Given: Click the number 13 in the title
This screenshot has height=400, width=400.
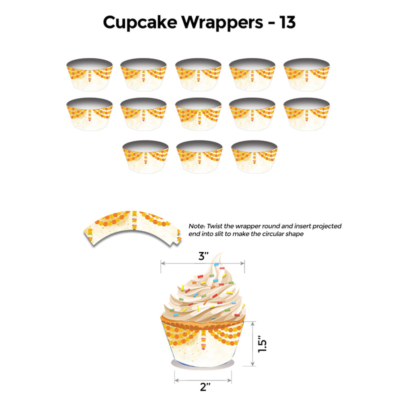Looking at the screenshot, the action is point(287,22).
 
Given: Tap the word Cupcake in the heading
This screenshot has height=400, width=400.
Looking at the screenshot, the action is point(140,23).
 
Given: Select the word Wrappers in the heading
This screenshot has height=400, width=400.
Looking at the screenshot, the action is point(222,23).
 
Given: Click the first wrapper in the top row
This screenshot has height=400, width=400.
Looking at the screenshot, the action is point(89,74).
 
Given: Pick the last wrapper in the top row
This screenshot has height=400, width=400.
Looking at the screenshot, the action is point(306,74).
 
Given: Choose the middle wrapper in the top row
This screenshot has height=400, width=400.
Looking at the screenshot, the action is point(198,74).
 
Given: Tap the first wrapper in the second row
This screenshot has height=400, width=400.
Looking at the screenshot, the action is point(89,114).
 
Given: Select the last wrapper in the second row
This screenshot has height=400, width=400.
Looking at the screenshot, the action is point(306,114).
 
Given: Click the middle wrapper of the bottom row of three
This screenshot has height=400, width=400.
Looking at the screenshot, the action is point(199,156).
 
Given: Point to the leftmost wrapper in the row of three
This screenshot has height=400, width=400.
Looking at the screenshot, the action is point(145,156).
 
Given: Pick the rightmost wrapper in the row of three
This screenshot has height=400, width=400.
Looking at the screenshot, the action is point(254,156).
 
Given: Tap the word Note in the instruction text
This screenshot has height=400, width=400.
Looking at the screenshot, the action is point(196,226).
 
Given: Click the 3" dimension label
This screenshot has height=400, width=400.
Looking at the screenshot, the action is point(203,256).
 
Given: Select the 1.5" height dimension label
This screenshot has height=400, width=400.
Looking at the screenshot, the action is point(262,344).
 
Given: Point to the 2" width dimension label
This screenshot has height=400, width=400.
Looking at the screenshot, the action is point(205,387).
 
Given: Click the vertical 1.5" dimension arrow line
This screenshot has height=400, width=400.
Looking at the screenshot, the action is point(252,343).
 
